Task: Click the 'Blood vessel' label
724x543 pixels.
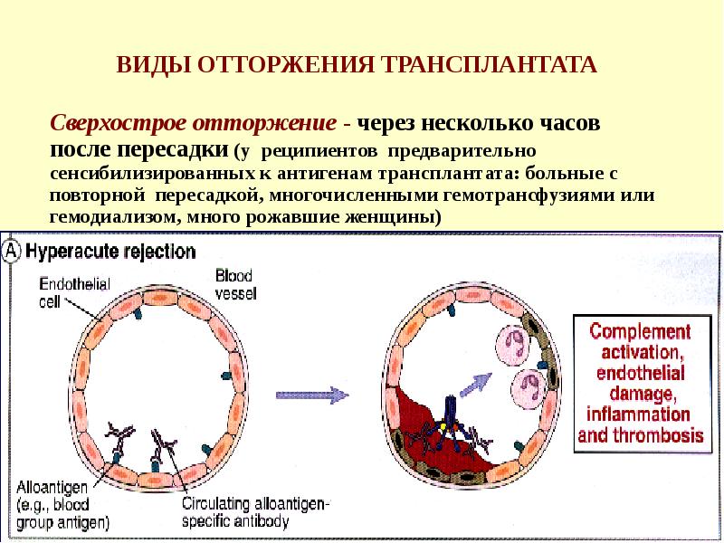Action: click(237, 283)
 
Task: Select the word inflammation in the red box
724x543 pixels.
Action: click(639, 414)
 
